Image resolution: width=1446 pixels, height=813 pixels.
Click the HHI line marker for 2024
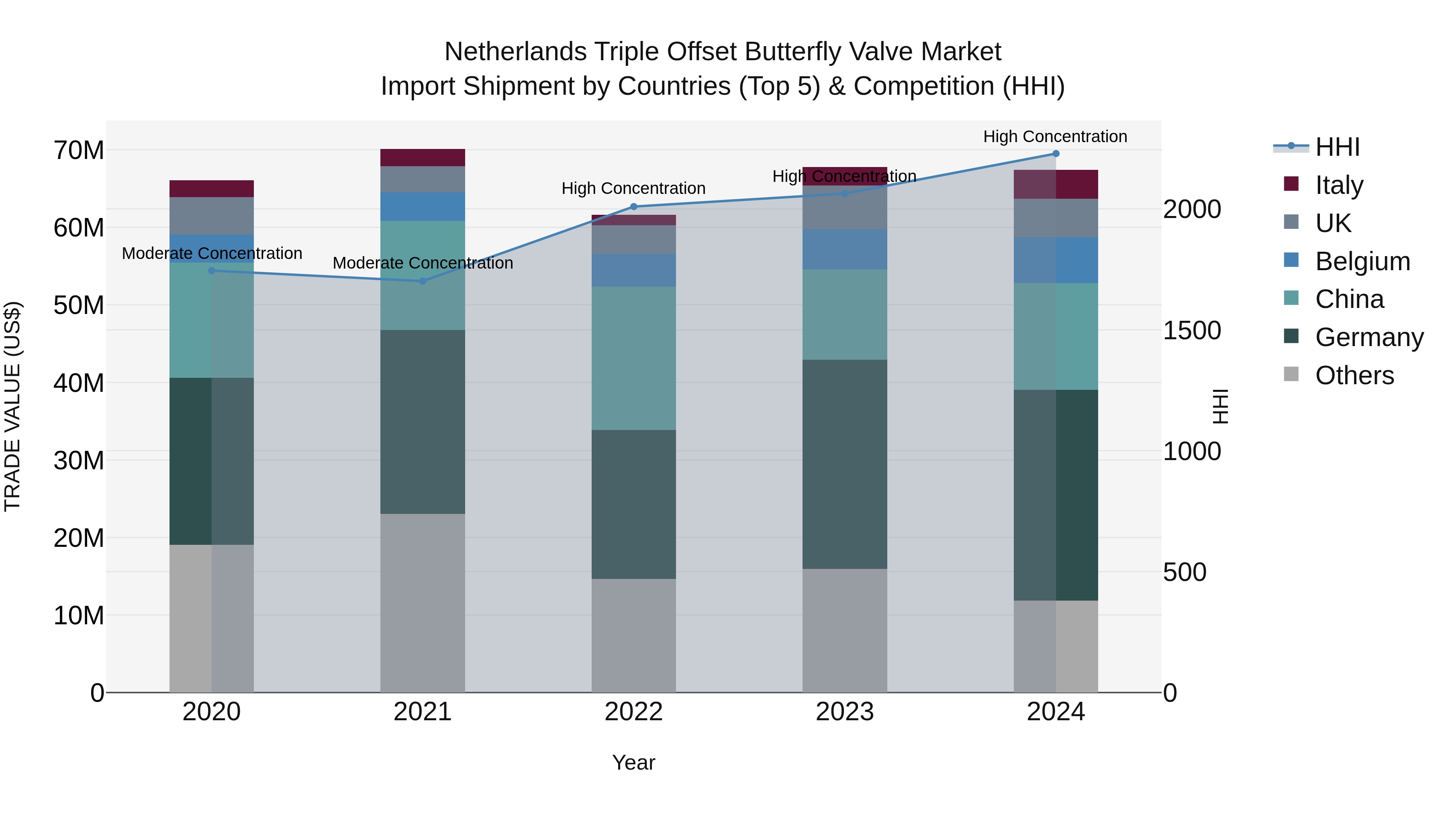[x=1055, y=154]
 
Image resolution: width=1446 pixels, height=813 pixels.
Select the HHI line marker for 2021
[x=423, y=281]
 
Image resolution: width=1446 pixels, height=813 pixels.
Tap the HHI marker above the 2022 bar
[x=634, y=206]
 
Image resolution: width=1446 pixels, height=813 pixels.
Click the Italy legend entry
[x=1339, y=185]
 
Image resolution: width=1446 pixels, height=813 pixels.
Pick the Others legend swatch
[x=1291, y=374]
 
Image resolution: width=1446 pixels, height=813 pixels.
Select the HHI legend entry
[x=1337, y=147]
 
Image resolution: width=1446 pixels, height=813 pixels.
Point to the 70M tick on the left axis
[x=79, y=151]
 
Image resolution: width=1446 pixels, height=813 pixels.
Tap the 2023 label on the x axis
[x=844, y=712]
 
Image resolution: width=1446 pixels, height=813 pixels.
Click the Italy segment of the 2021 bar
[x=423, y=158]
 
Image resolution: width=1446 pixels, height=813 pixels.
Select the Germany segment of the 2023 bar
[x=844, y=464]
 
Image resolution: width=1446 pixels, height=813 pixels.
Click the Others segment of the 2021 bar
[x=423, y=603]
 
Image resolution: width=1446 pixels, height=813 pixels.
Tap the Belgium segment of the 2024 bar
[x=1055, y=260]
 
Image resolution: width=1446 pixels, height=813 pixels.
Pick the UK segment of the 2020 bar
[x=212, y=216]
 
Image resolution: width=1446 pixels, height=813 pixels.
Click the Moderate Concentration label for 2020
[x=212, y=254]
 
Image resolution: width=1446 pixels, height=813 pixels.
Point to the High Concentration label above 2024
[x=1055, y=137]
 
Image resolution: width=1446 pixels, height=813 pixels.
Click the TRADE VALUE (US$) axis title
[x=12, y=406]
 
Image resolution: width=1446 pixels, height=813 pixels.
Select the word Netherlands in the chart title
[x=515, y=52]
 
